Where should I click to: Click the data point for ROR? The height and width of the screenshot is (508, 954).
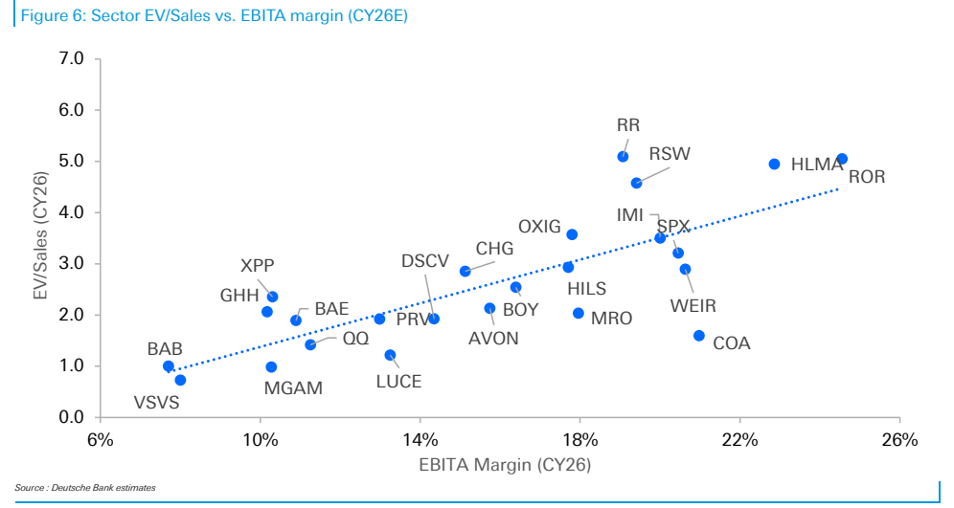point(842,159)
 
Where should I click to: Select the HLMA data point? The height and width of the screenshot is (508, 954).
point(775,164)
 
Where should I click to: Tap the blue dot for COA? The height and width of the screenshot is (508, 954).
point(699,336)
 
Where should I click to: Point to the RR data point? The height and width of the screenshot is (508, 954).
point(623,157)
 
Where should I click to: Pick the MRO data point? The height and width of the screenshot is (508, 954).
point(579,314)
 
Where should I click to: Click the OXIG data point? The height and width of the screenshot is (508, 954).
point(572,234)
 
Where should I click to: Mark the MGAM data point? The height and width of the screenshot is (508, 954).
point(271,367)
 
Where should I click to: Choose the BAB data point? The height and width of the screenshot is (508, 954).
point(169,366)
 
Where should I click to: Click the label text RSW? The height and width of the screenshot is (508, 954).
point(670,154)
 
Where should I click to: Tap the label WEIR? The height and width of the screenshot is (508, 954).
point(693,305)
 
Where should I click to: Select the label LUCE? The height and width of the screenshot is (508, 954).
point(398,382)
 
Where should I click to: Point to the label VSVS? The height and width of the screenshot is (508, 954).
point(156,402)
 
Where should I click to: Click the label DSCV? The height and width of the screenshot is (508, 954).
point(425,261)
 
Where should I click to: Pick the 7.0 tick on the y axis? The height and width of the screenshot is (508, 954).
point(72,59)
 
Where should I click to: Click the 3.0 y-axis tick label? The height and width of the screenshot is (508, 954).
point(72,264)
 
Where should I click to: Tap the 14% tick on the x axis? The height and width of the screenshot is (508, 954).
point(420,439)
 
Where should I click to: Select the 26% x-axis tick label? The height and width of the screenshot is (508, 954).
point(899,439)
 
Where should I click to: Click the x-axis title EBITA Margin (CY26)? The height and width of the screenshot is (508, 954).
point(505,465)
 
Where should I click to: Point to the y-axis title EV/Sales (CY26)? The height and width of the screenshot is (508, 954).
point(40,236)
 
